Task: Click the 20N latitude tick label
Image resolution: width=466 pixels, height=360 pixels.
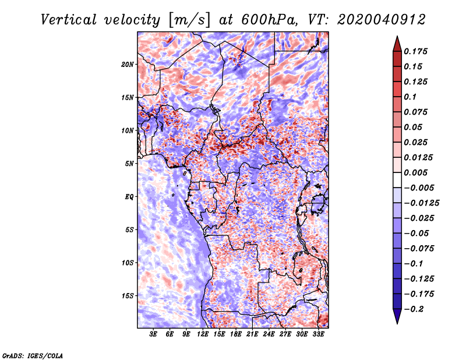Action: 128,64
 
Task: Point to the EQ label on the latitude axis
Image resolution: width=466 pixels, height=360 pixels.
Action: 129,196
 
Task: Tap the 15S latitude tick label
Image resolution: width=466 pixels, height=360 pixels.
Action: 128,296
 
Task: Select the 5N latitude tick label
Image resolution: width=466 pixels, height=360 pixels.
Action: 129,164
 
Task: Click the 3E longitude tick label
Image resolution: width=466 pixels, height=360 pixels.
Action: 153,334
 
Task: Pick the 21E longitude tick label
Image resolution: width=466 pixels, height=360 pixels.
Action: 252,334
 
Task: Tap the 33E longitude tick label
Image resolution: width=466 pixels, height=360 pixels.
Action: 318,334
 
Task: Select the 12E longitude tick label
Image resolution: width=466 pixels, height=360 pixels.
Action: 203,334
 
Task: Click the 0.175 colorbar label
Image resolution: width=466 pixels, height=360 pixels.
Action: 415,51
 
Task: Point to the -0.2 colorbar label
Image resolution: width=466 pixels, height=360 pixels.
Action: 414,309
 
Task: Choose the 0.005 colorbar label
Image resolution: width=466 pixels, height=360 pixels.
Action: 415,172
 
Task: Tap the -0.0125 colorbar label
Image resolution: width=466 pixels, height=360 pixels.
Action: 421,203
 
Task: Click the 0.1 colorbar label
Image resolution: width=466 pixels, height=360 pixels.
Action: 410,97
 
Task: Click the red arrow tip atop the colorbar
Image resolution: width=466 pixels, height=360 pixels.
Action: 397,37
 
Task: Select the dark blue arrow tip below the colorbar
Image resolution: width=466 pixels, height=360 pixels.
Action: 397,323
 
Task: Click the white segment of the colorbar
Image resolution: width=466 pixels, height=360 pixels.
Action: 397,180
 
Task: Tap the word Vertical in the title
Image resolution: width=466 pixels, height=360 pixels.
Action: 69,20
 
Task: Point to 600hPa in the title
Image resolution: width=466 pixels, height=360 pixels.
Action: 269,20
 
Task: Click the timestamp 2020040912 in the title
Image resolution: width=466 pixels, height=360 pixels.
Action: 382,20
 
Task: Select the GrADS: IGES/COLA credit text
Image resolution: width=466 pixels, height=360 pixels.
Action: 33,355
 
